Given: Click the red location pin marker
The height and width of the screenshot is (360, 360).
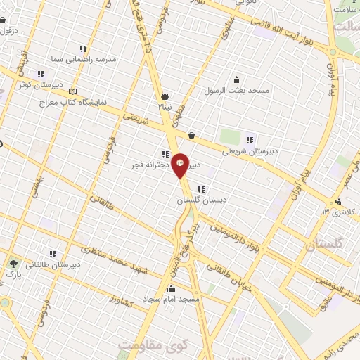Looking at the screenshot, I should click(180, 165).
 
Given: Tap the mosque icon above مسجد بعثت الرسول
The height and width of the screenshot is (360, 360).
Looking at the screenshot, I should click(236, 79).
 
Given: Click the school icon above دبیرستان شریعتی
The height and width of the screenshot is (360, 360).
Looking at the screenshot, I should click(250, 138).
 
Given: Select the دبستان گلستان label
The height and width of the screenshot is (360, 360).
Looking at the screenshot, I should click(199, 200).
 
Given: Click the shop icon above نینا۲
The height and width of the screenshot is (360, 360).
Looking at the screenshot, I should click(165, 96).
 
